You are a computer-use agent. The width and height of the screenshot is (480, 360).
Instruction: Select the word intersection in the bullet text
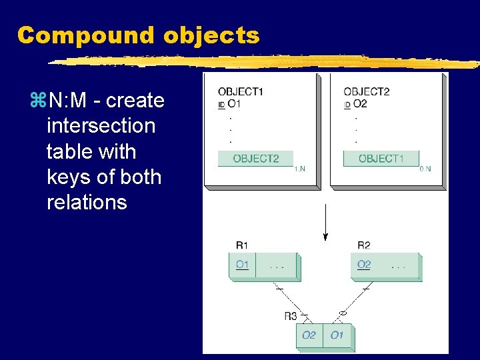click(101, 126)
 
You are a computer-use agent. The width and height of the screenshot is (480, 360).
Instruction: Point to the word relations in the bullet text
click(87, 202)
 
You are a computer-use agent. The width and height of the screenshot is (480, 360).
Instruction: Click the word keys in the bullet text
click(69, 177)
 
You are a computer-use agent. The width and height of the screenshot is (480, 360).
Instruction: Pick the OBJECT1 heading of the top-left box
click(240, 92)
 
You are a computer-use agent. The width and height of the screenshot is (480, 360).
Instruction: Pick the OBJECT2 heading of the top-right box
click(366, 92)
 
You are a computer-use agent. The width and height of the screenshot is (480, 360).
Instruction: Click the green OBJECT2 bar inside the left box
click(255, 159)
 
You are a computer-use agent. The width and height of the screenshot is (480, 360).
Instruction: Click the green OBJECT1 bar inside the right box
click(381, 159)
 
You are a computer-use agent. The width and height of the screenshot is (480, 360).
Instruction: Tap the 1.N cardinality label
click(299, 169)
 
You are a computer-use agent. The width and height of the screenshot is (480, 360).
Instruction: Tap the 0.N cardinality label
click(425, 169)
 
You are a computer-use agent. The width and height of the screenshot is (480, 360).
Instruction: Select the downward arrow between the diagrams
click(325, 223)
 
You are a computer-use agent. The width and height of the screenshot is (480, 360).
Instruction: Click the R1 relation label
click(242, 246)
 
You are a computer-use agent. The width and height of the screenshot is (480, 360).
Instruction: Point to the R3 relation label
click(291, 315)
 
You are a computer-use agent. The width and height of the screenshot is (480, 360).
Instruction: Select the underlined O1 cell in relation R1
click(242, 265)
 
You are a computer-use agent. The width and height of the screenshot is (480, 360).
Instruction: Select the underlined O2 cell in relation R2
click(364, 265)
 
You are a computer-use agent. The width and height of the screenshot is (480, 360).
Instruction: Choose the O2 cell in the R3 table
click(309, 335)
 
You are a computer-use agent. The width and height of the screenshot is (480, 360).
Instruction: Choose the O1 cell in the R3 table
click(337, 335)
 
